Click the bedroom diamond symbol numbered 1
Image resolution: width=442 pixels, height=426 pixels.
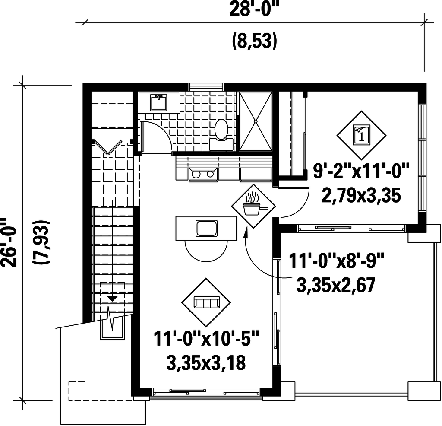[361, 135]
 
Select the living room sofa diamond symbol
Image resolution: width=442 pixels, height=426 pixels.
[206, 302]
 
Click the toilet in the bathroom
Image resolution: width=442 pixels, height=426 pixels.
[221, 130]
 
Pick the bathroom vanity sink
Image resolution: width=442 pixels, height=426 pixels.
[159, 103]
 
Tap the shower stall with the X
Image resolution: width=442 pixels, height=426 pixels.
[256, 121]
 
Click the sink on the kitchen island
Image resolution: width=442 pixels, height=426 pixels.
[206, 228]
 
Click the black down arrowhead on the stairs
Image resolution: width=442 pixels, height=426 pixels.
[113, 298]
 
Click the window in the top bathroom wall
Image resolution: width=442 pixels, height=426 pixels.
[207, 86]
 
